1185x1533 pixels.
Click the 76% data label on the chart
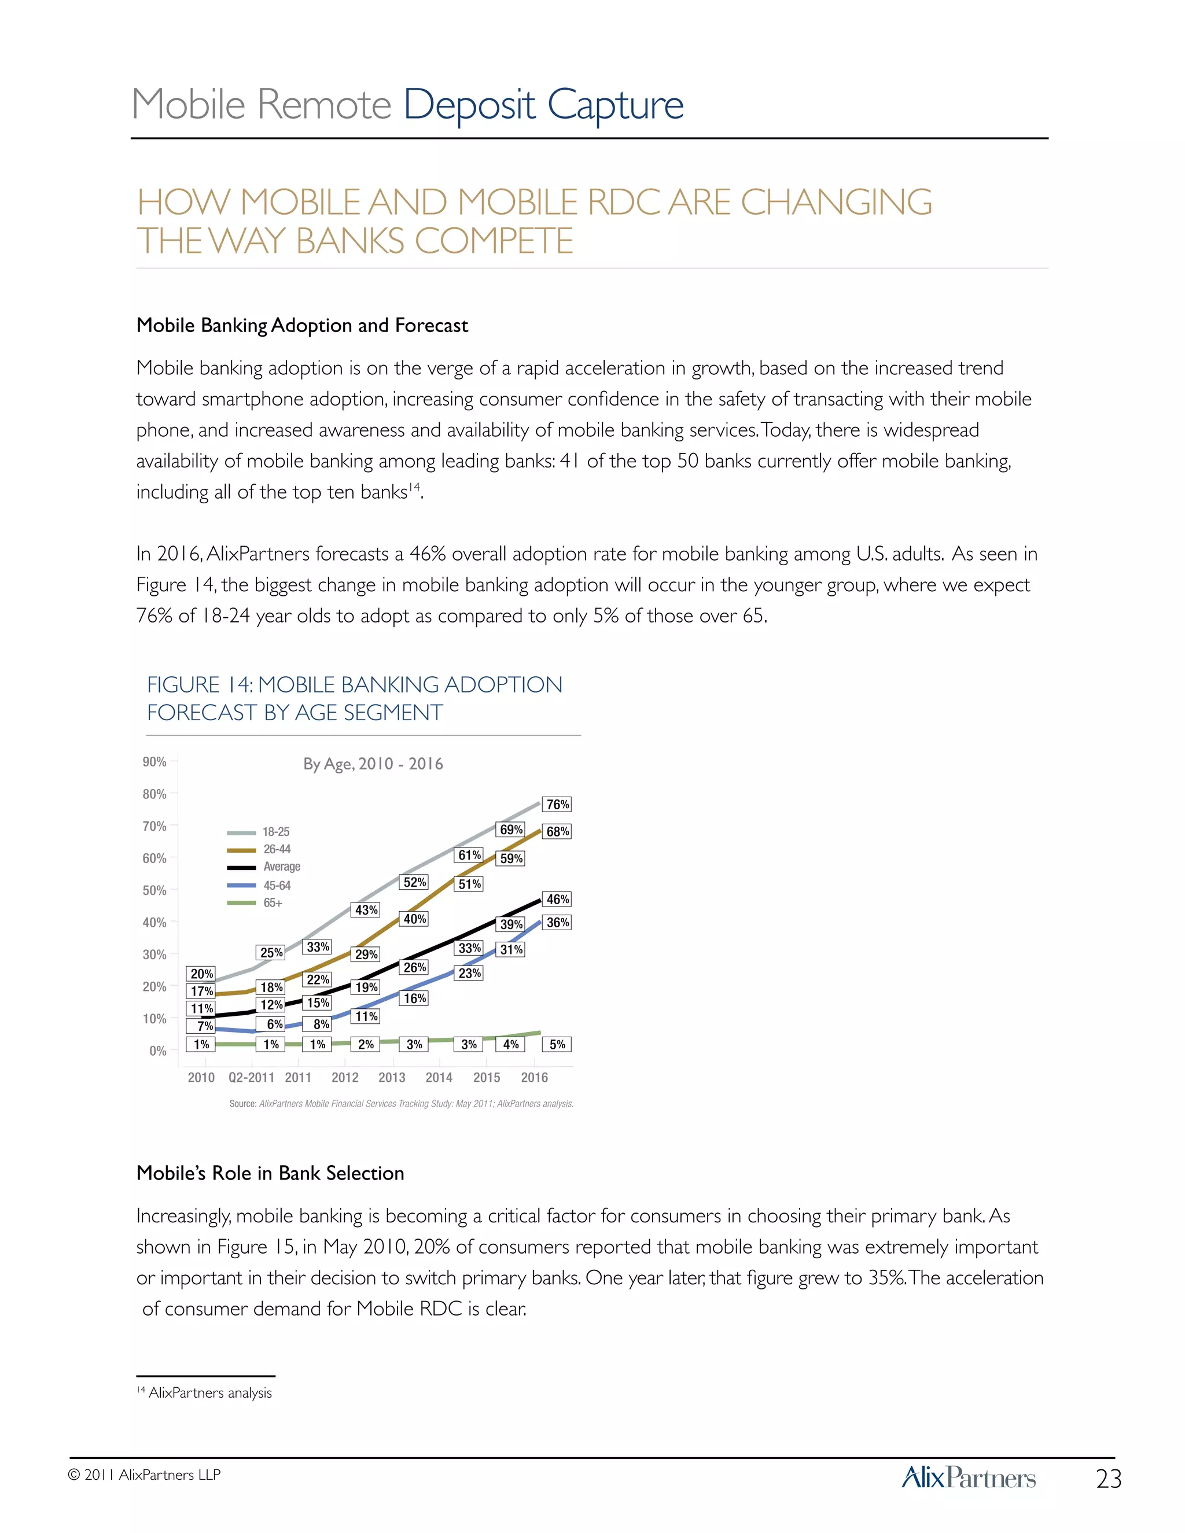[557, 805]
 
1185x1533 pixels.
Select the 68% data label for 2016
[557, 832]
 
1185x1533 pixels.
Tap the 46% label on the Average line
[557, 899]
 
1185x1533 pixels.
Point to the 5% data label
[557, 1044]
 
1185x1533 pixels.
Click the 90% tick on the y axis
[154, 762]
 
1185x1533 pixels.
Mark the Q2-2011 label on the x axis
[251, 1078]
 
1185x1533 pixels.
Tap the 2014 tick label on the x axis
[439, 1078]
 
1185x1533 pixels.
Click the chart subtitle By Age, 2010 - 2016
[373, 764]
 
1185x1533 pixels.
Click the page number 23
[1109, 1479]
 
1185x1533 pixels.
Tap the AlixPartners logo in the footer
[968, 1477]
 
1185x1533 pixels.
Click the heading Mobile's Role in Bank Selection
[270, 1174]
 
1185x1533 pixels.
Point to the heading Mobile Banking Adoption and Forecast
[302, 326]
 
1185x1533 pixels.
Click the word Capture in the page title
[615, 105]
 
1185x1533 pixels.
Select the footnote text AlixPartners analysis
[210, 1392]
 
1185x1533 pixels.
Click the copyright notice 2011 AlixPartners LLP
[145, 1475]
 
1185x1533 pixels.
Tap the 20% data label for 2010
[201, 974]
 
